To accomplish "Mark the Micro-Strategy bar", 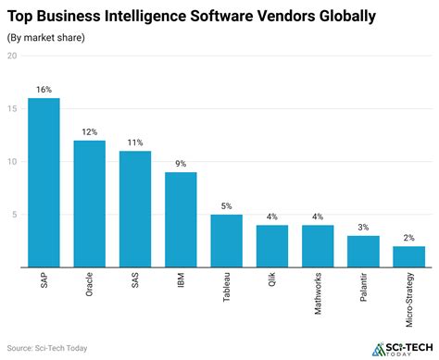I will pyautogui.click(x=409, y=256).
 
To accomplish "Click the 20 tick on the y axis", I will pyautogui.click(x=11, y=56).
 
